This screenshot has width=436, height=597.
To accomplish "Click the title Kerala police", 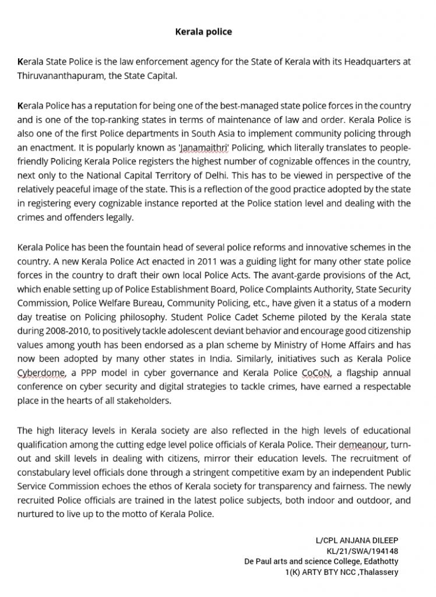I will [203, 31].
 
